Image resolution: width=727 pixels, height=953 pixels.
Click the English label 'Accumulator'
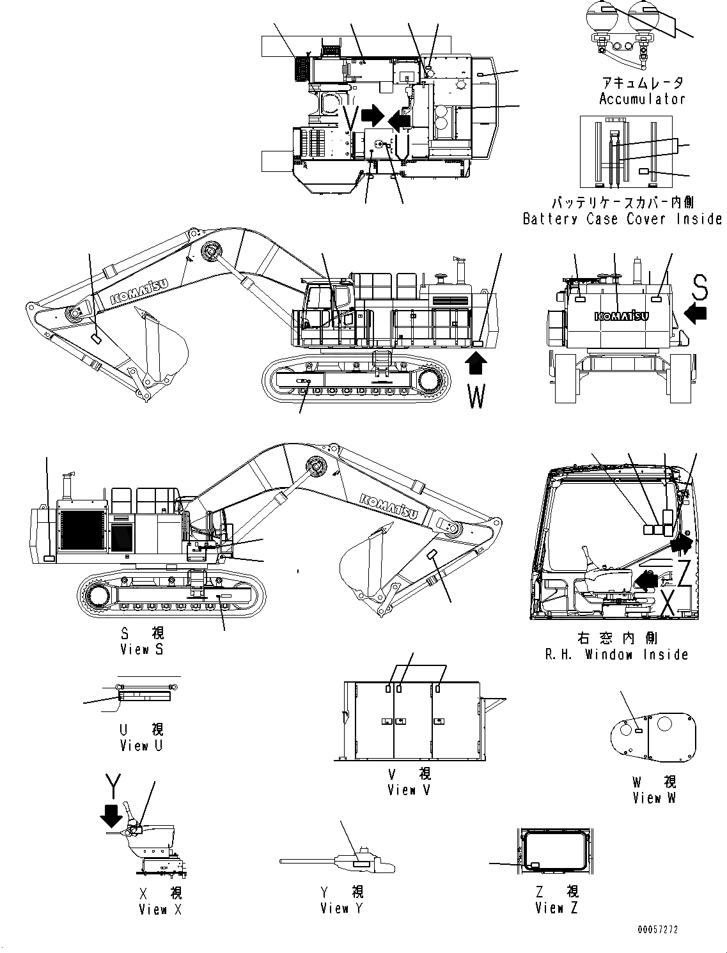click(x=641, y=99)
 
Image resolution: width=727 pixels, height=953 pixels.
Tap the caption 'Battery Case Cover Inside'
click(x=621, y=219)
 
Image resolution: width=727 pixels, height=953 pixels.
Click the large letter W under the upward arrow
click(x=476, y=396)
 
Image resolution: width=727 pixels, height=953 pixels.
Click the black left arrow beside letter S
click(x=696, y=313)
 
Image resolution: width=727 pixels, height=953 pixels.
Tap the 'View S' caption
click(x=142, y=649)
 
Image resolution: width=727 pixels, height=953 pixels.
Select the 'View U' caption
click(x=141, y=746)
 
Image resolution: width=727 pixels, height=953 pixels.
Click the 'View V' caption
click(x=409, y=790)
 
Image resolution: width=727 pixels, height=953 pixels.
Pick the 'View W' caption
click(x=654, y=798)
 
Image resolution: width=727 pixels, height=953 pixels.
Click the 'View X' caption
click(x=160, y=910)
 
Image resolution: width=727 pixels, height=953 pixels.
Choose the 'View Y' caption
click(x=342, y=908)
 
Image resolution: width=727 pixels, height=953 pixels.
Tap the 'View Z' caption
click(x=557, y=908)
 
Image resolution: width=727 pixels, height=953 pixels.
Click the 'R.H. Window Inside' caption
click(x=616, y=655)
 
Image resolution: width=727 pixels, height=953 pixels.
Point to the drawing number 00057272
click(x=657, y=929)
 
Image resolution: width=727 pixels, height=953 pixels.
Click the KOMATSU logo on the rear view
click(x=621, y=316)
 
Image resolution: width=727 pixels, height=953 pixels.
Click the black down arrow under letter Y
click(x=113, y=816)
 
